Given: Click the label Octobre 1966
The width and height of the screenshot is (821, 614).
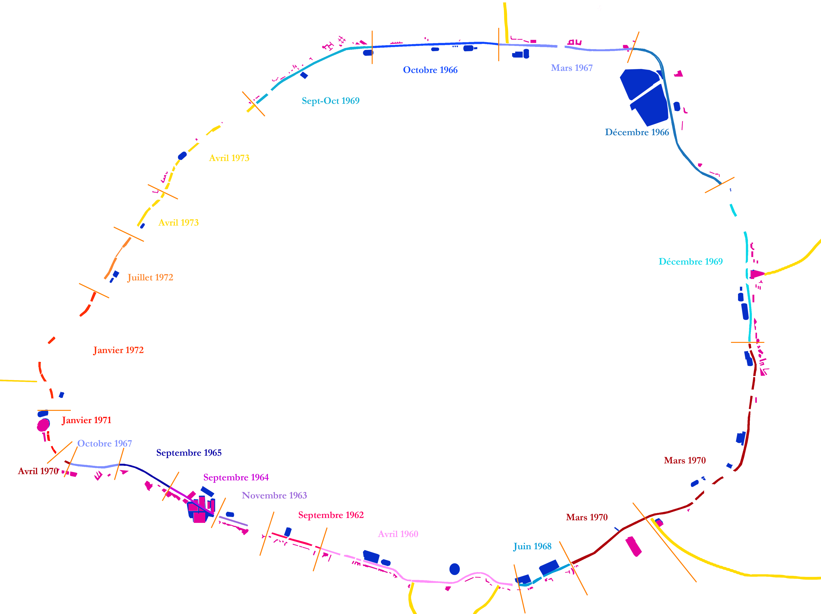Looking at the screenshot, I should tap(430, 70).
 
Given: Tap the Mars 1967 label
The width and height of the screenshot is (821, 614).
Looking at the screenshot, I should tap(571, 68).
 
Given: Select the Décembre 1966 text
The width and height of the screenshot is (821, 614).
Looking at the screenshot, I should tap(637, 133).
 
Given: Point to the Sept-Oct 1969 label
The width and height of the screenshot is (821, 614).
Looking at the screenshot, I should tap(330, 101).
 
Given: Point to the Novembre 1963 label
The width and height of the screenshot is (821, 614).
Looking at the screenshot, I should tap(274, 496).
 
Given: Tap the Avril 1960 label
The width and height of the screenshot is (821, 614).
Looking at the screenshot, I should tap(398, 534).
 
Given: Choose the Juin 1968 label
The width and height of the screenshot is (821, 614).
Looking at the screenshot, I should tap(532, 546).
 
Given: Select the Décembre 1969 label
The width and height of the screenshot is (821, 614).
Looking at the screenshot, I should tap(690, 262).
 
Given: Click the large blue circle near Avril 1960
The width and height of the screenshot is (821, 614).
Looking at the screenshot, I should tap(454, 569).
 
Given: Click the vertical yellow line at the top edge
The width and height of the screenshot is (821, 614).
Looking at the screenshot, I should tap(506, 22).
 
